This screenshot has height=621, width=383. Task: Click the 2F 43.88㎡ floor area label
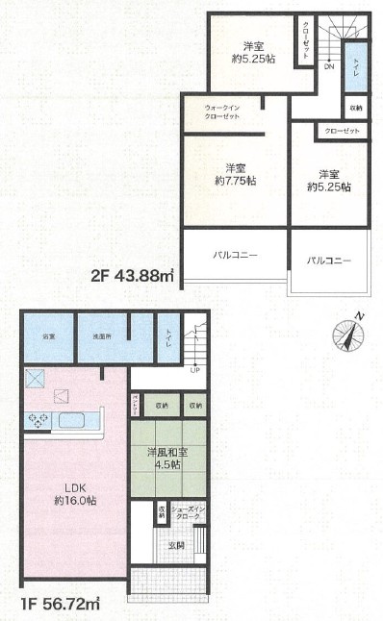pos(132,277)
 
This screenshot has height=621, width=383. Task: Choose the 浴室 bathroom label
pos(48,337)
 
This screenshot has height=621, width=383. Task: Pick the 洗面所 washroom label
pos(101,337)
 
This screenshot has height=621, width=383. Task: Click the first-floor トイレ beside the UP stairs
pos(170,337)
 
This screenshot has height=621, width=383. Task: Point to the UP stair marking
pos(195,369)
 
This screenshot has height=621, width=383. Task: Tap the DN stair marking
pos(328,66)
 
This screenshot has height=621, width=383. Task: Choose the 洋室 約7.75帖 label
pos(233,174)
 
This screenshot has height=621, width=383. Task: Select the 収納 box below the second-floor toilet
pos(356,108)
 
